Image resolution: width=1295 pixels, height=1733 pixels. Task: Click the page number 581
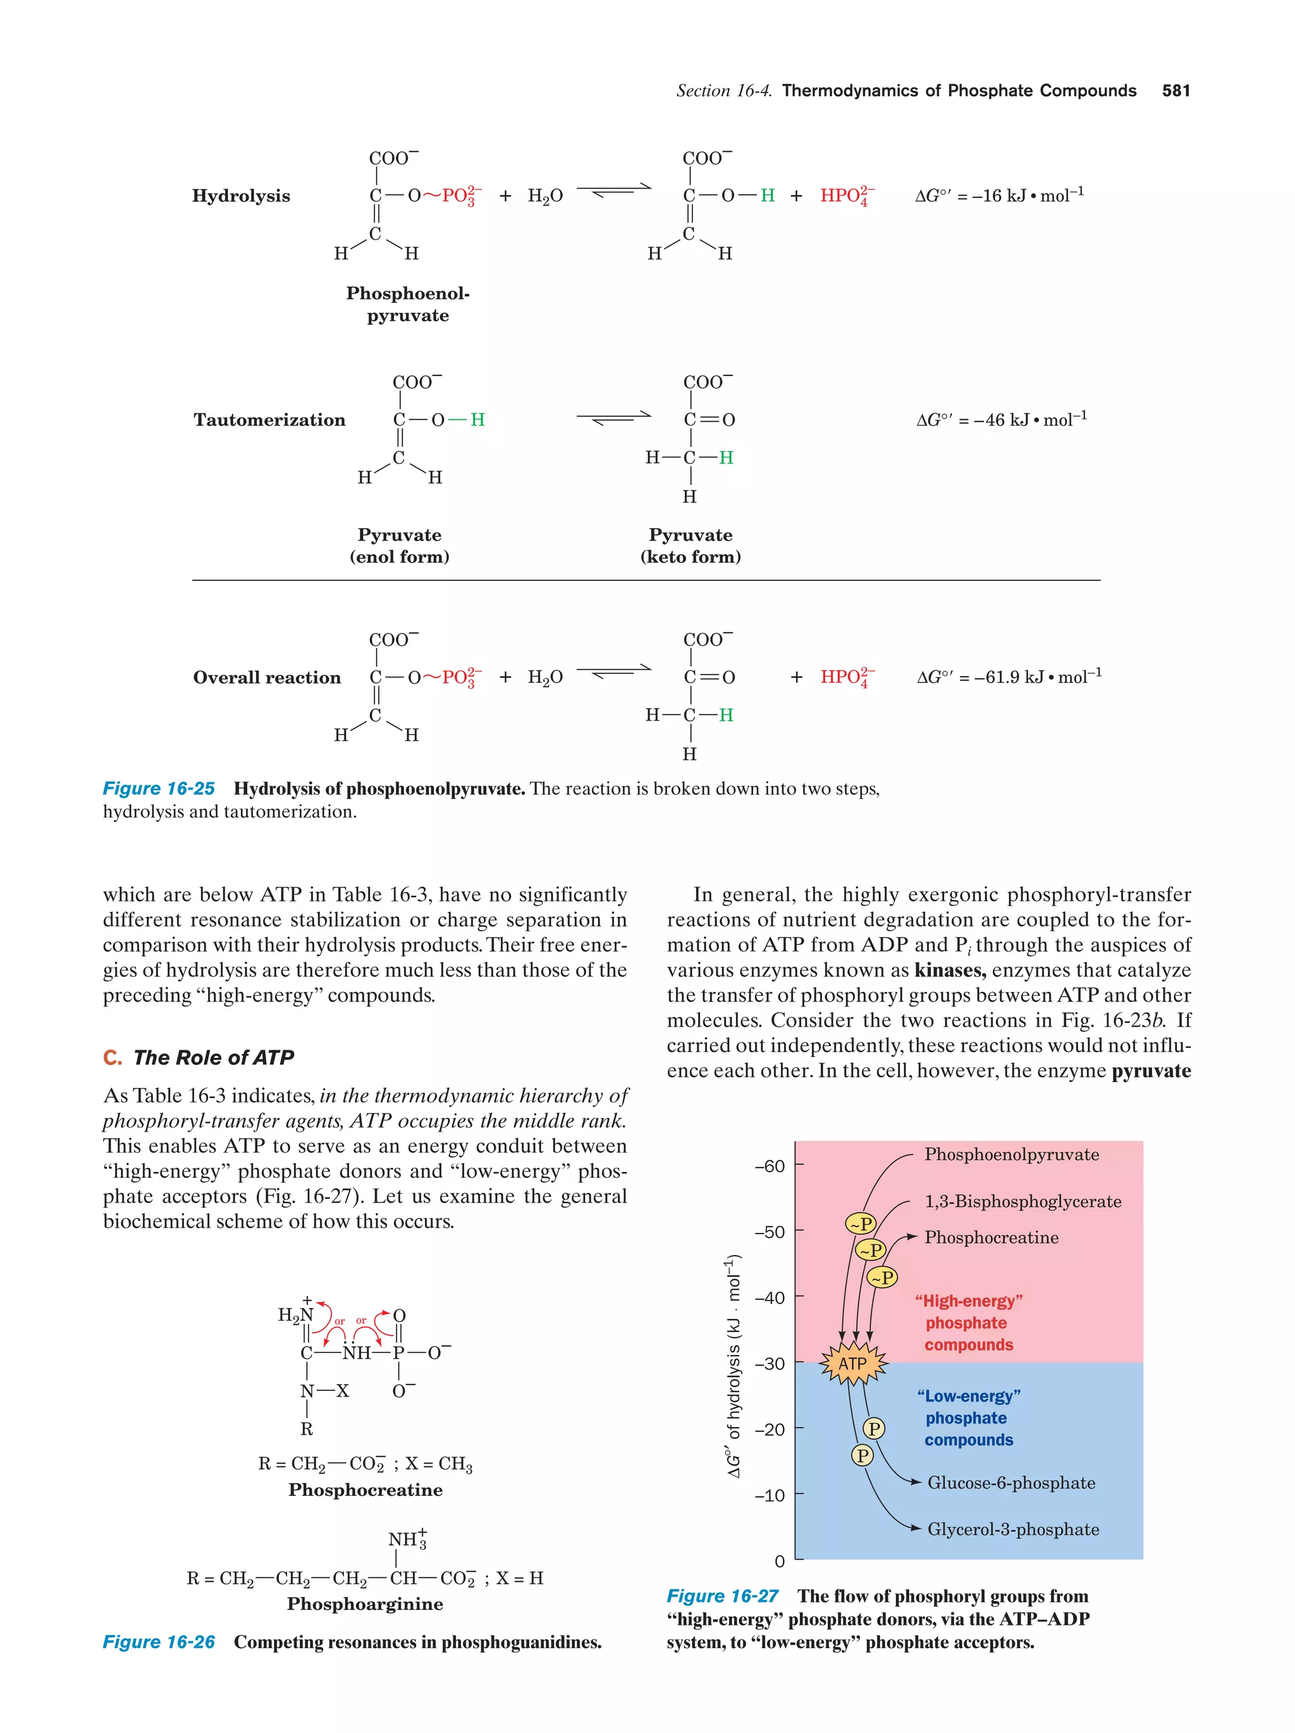tap(1175, 90)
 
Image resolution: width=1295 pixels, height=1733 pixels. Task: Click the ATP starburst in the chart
tap(852, 1363)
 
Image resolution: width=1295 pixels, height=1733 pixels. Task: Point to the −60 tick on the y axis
tap(770, 1166)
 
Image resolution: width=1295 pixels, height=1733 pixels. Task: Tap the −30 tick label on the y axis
tap(770, 1363)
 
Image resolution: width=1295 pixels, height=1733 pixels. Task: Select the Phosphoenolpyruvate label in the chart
tap(1010, 1154)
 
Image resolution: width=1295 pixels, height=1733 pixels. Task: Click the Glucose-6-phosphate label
tap(1010, 1482)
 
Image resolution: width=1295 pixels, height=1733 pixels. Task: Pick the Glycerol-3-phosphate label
tap(1012, 1529)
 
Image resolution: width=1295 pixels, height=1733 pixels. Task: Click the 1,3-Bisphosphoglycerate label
tap(1022, 1201)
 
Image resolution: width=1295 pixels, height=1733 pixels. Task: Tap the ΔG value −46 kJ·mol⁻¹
tap(1001, 419)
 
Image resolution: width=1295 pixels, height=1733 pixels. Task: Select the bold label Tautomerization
tap(269, 420)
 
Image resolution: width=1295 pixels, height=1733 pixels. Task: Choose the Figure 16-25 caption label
tap(158, 788)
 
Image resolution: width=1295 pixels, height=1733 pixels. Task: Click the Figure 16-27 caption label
tap(721, 1596)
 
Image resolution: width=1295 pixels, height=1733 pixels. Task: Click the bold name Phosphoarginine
tap(364, 1604)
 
